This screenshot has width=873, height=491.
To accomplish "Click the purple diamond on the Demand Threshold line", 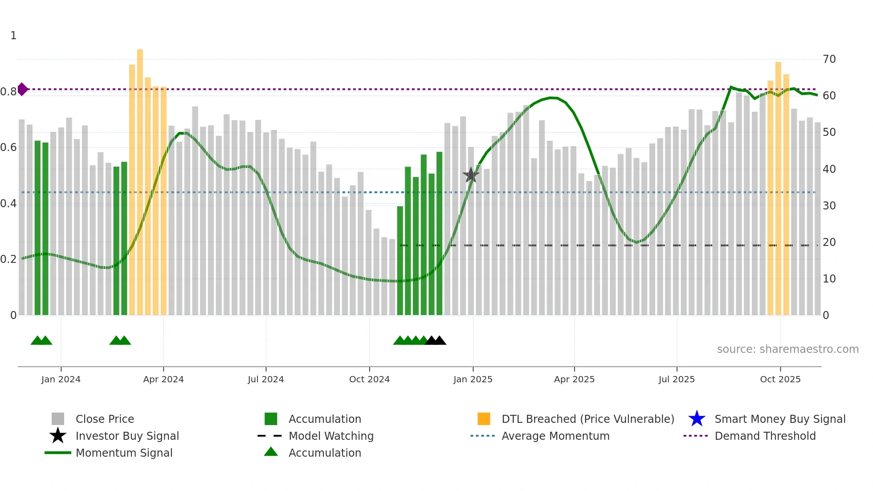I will [22, 89].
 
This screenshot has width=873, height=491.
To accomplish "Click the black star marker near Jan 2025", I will [471, 175].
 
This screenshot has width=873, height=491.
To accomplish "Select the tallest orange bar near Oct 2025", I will [778, 187].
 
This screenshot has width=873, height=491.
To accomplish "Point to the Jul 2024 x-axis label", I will [266, 379].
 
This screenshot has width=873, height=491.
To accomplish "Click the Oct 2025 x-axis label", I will [780, 379].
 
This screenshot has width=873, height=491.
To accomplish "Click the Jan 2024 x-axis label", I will [61, 379].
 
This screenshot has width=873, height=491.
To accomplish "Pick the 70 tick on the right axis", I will [829, 59].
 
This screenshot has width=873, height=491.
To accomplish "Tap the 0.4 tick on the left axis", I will [8, 204].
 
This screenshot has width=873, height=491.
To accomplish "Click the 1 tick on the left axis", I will [13, 36].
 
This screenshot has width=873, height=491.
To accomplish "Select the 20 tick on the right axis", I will [829, 242].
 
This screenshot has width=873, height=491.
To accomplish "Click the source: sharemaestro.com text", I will [787, 349].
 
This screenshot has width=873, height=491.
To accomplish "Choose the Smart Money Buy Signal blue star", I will [697, 419].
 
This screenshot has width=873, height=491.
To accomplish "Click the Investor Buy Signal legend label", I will [127, 436].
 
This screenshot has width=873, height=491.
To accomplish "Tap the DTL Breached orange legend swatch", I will [484, 419].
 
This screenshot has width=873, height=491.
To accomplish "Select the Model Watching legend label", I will [331, 436].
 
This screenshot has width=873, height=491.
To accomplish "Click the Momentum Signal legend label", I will [124, 453].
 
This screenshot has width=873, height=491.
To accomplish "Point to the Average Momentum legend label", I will [555, 436].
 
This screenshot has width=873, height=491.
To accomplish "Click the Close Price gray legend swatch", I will [58, 419].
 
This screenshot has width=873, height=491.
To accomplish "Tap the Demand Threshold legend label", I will [765, 436].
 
